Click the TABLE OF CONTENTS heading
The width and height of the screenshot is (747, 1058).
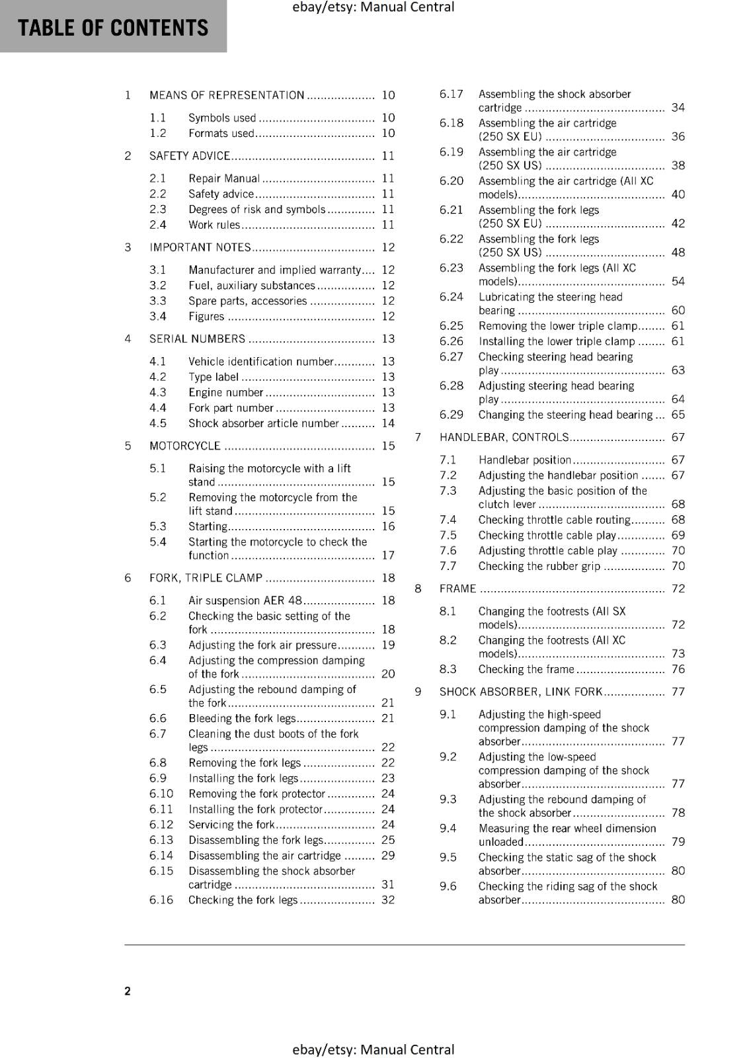113,28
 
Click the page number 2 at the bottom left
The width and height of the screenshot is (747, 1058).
128,991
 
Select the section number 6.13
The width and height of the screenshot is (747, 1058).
161,840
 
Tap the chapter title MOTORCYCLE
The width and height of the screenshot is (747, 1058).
185,446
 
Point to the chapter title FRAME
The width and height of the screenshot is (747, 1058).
457,589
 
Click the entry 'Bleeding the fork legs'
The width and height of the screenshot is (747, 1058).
242,718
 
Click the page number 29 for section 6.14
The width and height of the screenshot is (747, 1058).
388,855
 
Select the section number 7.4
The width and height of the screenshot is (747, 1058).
448,520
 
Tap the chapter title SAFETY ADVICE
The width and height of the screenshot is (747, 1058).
190,156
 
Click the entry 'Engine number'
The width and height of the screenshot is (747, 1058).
225,392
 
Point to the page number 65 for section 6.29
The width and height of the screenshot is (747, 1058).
678,415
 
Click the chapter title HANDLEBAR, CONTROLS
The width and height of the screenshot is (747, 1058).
504,437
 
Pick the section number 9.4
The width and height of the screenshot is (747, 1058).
448,828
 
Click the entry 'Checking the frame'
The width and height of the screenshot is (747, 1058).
526,669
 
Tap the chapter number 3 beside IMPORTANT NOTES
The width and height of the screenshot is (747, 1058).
128,247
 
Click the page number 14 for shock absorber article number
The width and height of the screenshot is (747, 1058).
388,423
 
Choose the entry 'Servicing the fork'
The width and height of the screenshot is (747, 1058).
231,825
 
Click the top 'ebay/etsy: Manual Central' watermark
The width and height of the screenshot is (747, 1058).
373,7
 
